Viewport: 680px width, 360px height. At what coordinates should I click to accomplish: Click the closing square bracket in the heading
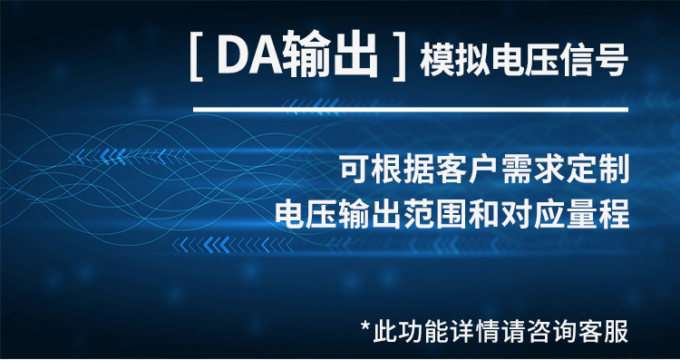coord(395,59)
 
